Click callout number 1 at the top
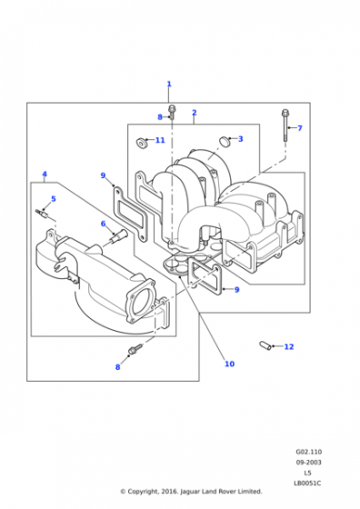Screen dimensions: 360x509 pyautogui.click(x=169, y=84)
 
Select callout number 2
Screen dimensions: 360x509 pyautogui.click(x=195, y=113)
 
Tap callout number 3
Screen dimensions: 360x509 pyautogui.click(x=240, y=139)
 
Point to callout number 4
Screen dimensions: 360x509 pyautogui.click(x=45, y=174)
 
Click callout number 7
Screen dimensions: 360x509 pyautogui.click(x=300, y=128)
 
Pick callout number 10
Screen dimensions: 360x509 pyautogui.click(x=229, y=364)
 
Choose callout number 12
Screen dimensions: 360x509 pyautogui.click(x=289, y=346)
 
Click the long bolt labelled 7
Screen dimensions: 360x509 pyautogui.click(x=285, y=125)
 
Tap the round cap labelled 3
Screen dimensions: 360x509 pyautogui.click(x=224, y=141)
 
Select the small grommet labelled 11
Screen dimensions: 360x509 pyautogui.click(x=140, y=142)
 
